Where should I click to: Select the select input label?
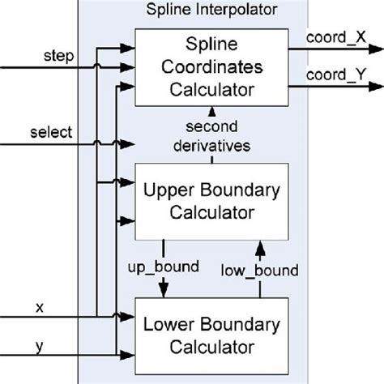(49, 131)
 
